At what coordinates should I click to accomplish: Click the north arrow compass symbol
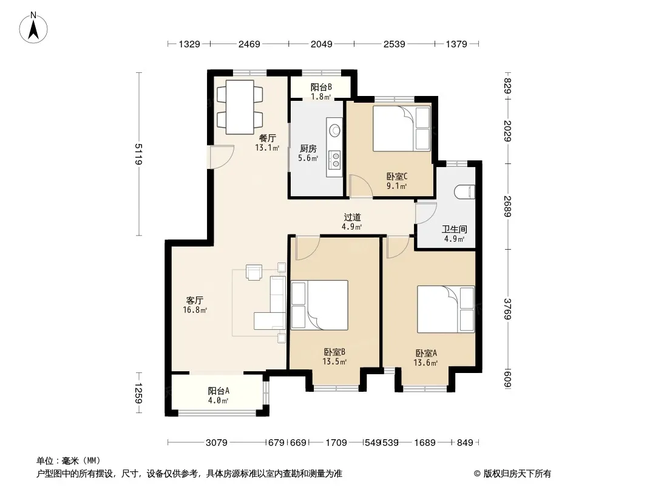click(33, 27)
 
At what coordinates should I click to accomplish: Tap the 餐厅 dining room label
click(268, 138)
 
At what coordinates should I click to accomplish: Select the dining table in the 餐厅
click(240, 107)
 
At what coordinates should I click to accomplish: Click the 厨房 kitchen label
click(308, 148)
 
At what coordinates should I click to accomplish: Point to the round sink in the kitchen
click(334, 130)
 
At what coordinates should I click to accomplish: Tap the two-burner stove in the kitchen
click(335, 160)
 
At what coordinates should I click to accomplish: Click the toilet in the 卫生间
click(465, 192)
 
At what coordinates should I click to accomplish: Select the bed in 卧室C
click(401, 129)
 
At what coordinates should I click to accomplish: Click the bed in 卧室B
click(319, 305)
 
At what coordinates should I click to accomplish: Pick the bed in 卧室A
click(445, 309)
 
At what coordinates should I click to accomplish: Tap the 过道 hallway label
click(352, 217)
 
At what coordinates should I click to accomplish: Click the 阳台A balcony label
click(218, 391)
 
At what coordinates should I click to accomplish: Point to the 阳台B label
click(321, 87)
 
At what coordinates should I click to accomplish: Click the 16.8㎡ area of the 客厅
click(195, 310)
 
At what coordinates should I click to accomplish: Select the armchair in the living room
click(254, 272)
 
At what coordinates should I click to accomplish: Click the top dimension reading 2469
click(249, 44)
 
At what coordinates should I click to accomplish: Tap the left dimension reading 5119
click(138, 154)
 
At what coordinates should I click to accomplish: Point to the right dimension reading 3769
click(507, 309)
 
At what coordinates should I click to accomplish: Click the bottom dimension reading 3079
click(216, 443)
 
